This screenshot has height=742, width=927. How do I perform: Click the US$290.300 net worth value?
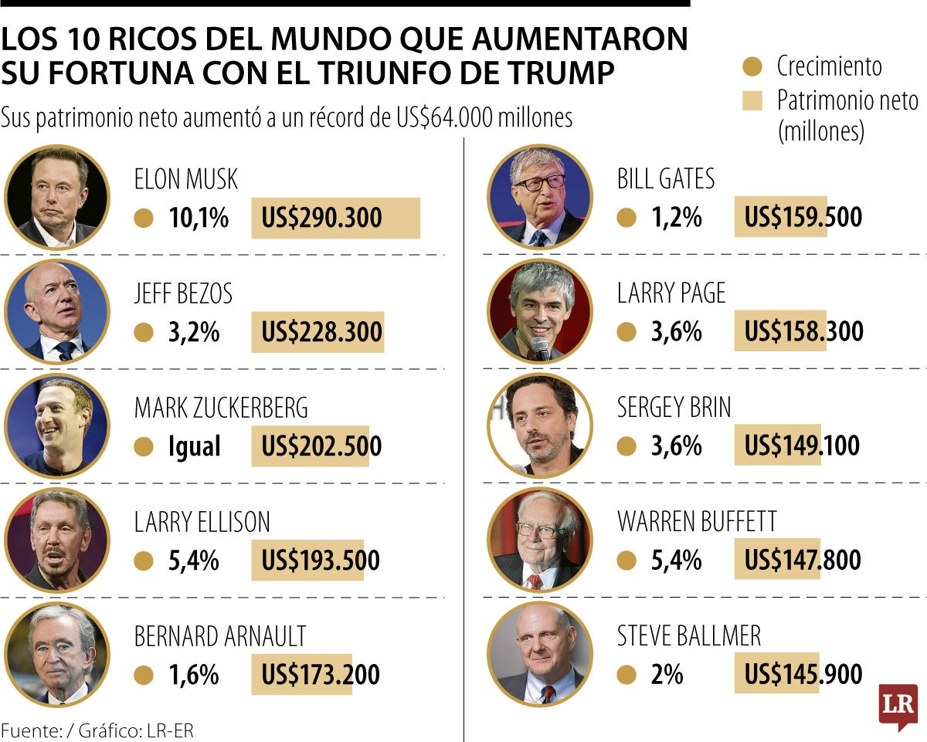point(321,219)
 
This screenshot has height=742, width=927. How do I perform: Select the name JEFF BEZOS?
point(183,294)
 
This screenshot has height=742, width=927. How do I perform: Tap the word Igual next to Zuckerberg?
point(194,446)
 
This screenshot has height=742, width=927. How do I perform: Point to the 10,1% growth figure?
point(199,219)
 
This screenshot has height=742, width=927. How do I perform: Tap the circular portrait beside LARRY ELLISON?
point(57,539)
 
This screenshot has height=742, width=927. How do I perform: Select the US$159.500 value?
point(803,218)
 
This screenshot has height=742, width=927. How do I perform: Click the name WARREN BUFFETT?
point(697,522)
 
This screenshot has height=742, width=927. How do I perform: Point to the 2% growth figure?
point(667,675)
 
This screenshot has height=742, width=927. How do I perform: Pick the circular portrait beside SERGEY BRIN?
point(540,425)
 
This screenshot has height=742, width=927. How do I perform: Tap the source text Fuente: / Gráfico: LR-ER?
point(97,730)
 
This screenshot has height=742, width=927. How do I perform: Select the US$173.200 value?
point(321,675)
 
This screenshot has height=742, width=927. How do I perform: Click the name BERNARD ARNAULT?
point(220,636)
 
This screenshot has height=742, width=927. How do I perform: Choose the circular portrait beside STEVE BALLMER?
point(540,653)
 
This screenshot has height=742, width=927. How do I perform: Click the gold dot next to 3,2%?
point(143,333)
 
